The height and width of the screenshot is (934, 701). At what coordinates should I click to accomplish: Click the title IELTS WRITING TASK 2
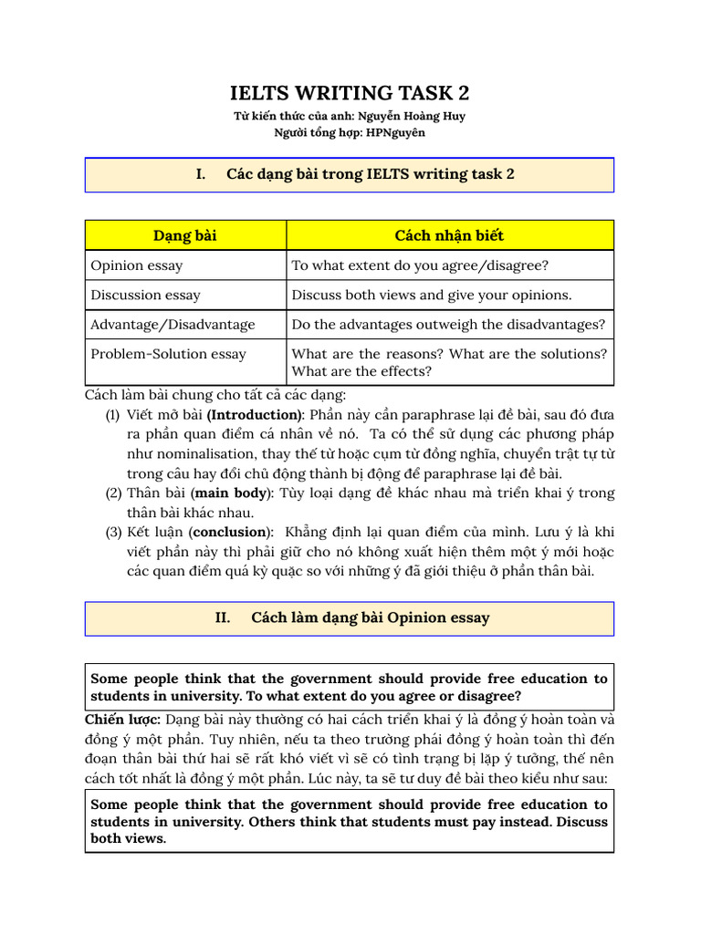(350, 93)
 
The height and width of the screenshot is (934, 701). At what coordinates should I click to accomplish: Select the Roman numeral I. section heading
(200, 174)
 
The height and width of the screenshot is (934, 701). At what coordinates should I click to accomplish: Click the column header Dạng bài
(185, 235)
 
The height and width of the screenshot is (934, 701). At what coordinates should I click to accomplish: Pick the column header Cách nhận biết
(449, 235)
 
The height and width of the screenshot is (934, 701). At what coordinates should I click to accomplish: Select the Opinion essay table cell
(136, 265)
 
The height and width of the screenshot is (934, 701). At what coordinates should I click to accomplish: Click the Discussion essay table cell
(145, 295)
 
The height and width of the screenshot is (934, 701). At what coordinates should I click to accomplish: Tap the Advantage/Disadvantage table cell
(173, 324)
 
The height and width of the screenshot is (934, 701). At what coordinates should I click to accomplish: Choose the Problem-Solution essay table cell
(168, 354)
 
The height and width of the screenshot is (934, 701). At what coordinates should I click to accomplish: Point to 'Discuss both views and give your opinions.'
(432, 295)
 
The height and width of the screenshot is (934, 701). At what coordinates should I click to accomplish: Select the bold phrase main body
(231, 493)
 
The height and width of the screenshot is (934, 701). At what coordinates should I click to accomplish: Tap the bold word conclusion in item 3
(230, 532)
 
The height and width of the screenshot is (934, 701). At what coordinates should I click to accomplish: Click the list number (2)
(113, 493)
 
